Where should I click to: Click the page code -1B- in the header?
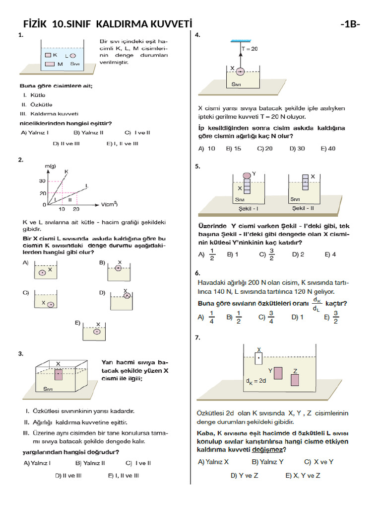click(x=350, y=24)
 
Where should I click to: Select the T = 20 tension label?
click(x=249, y=49)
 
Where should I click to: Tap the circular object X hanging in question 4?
click(x=240, y=72)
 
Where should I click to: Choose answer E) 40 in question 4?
click(x=328, y=148)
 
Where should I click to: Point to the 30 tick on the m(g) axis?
click(x=43, y=181)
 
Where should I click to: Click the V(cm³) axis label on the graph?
click(x=109, y=204)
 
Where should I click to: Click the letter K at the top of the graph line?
click(x=66, y=171)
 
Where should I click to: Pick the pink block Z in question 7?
click(x=295, y=380)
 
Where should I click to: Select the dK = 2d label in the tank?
click(x=256, y=382)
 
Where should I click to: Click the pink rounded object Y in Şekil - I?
click(x=247, y=175)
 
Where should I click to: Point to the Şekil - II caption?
click(x=304, y=208)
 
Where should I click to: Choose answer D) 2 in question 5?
click(x=298, y=254)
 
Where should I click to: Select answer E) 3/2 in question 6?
click(x=331, y=317)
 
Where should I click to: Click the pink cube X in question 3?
click(x=59, y=375)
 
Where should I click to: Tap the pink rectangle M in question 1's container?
click(x=50, y=64)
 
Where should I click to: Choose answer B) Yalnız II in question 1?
click(x=88, y=133)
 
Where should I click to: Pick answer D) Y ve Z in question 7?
click(x=245, y=475)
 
